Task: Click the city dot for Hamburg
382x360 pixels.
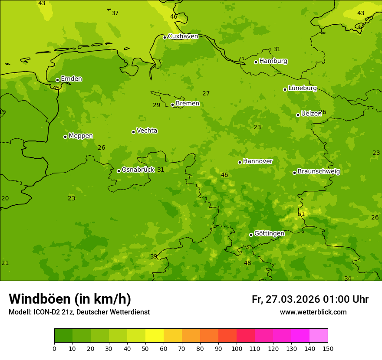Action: (256, 62)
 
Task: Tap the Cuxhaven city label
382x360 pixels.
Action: (183, 36)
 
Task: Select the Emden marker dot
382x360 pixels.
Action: (57, 80)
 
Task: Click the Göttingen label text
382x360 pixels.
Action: (269, 233)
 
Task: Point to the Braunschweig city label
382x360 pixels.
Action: (319, 171)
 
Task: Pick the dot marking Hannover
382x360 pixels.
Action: (240, 162)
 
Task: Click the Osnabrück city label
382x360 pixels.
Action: (138, 170)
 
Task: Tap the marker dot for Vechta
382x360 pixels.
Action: (133, 132)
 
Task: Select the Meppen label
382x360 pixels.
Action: (81, 136)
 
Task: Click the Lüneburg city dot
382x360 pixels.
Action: (285, 89)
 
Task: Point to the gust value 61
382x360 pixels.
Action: (301, 214)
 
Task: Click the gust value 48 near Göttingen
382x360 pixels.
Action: (247, 263)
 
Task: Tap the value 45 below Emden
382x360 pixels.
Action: (56, 88)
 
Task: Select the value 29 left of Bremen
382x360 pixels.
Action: (156, 105)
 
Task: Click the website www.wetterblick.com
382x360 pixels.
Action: (313, 312)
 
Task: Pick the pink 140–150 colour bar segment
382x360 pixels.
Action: (319, 336)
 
